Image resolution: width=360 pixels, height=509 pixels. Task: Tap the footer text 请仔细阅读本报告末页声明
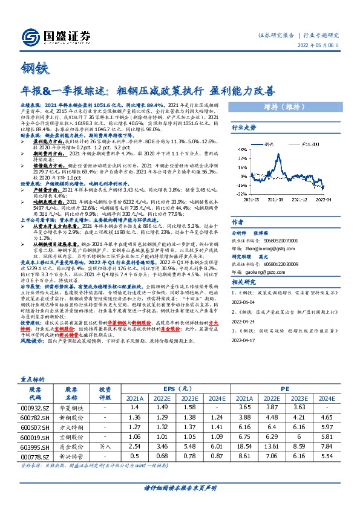tap(180, 487)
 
